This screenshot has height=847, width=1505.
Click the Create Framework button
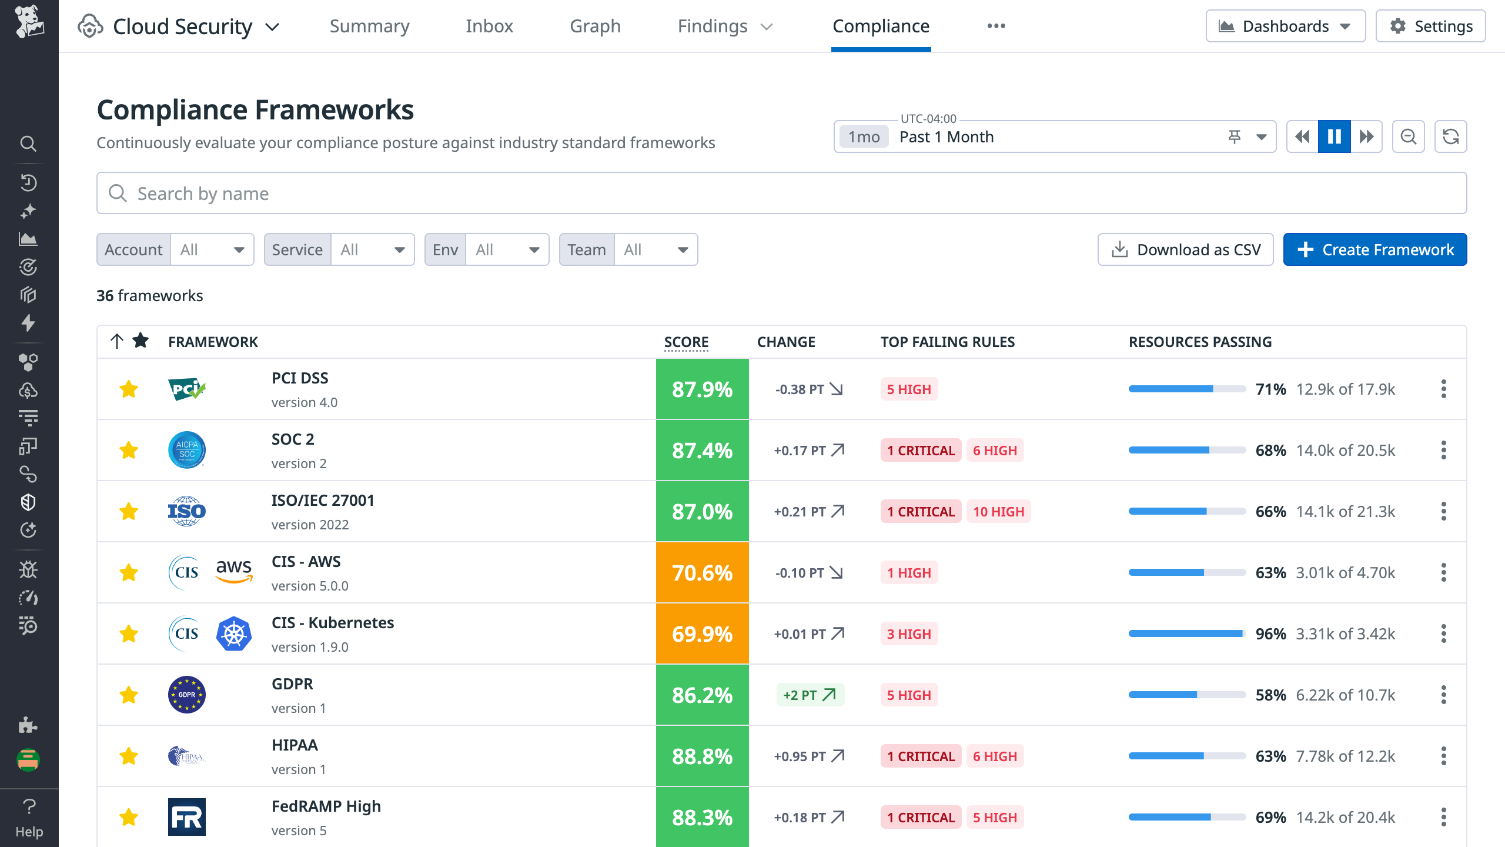click(1374, 249)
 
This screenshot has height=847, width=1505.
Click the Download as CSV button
click(1185, 249)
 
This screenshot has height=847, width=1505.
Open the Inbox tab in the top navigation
click(489, 26)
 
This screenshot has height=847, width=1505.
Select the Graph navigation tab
click(595, 26)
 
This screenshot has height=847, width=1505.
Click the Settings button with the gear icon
click(1430, 26)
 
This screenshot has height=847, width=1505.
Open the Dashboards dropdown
click(1285, 26)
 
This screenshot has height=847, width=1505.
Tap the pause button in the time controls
click(1334, 136)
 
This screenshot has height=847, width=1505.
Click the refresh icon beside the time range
click(1450, 136)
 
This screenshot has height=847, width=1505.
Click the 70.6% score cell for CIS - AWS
click(702, 572)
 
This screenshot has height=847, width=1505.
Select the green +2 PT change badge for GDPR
click(810, 695)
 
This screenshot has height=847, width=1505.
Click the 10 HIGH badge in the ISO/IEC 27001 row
click(998, 511)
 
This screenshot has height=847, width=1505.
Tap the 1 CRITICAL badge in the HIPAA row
click(921, 756)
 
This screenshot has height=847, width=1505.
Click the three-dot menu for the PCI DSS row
click(1443, 389)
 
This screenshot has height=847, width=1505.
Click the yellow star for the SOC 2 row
click(129, 450)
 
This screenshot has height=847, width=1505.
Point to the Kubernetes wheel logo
click(233, 633)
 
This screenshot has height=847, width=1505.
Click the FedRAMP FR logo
click(187, 817)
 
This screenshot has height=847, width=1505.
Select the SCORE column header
click(686, 342)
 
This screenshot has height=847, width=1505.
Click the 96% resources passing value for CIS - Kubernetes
click(1270, 633)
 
